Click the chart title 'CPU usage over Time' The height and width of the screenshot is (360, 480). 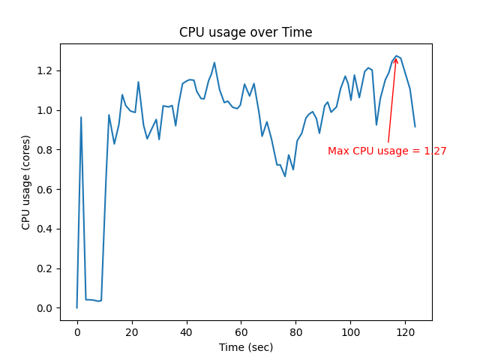(x=245, y=33)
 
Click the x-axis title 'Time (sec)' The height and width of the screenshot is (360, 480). (x=245, y=347)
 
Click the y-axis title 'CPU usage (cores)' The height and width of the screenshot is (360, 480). (x=26, y=182)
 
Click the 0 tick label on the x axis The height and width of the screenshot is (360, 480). (x=77, y=331)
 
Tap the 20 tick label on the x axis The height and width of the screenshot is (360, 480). (x=132, y=331)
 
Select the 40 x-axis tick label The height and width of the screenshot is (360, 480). (x=187, y=331)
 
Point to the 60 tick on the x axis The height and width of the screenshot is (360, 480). (x=241, y=331)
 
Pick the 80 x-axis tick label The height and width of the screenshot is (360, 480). (x=296, y=331)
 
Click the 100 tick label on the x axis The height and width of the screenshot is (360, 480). (x=351, y=331)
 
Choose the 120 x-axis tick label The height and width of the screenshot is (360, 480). (x=406, y=331)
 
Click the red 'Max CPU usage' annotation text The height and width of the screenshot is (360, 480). (x=387, y=151)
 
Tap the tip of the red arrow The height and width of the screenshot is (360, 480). (x=396, y=58)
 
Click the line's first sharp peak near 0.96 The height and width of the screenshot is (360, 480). (x=81, y=117)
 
